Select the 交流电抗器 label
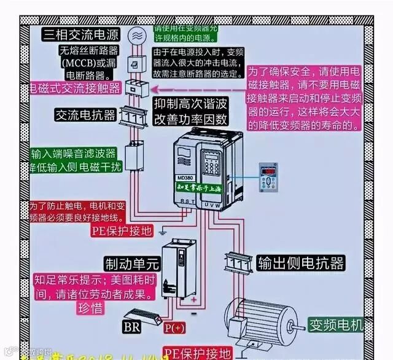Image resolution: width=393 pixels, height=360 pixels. tap(85, 115)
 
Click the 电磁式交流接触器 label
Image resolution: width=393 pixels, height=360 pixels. tap(75, 87)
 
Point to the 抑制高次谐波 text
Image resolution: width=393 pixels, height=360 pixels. tap(190, 103)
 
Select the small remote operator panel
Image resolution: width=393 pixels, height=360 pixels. tap(269, 176)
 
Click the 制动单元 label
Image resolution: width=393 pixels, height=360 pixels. tap(131, 264)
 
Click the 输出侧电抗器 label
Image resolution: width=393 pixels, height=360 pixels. tap(300, 263)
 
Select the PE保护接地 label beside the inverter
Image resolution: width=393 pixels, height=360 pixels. tap(120, 230)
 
